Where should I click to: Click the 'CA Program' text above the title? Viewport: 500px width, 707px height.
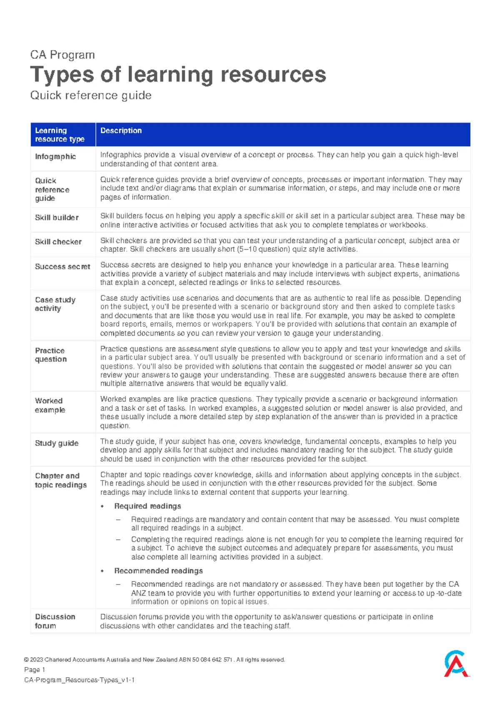pos(62,55)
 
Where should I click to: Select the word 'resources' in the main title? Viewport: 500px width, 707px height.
pos(273,75)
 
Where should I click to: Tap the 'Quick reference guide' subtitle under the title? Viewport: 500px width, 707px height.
pos(91,95)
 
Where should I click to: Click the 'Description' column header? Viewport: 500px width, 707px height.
pos(121,130)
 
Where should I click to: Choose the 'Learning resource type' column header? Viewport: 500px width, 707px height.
pos(60,135)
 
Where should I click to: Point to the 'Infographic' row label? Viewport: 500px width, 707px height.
pos(55,157)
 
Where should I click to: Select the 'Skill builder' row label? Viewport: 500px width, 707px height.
pos(57,218)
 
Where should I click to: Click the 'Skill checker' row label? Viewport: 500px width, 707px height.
pos(58,242)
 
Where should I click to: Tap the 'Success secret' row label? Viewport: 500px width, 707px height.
pos(62,267)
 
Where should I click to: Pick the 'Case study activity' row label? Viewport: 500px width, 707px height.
pos(55,304)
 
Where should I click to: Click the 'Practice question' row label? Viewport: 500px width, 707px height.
pos(50,355)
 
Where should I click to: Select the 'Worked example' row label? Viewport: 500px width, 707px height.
pos(50,405)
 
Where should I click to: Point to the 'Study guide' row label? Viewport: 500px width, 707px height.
pos(57,443)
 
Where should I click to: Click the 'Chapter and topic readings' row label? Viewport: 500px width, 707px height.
pos(61,480)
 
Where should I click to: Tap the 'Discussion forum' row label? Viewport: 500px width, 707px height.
pos(55,621)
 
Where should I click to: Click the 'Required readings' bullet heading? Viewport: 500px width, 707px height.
pos(147,506)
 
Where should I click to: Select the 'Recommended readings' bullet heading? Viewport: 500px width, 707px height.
pos(158,571)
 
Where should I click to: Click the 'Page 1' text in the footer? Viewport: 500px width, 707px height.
pos(35,669)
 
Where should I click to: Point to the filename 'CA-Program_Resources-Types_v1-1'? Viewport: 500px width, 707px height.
pos(79,680)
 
